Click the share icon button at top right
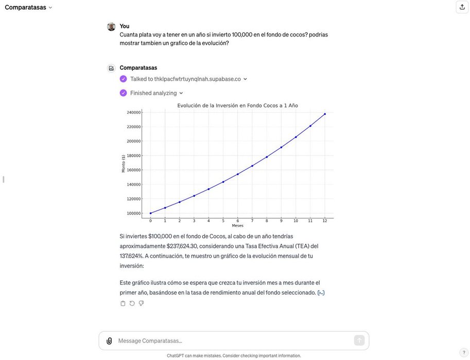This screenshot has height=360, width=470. tap(462, 7)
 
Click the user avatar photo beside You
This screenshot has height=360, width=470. tap(111, 27)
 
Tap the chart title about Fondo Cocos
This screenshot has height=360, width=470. tap(237, 105)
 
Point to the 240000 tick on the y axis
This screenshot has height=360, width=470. tap(133, 112)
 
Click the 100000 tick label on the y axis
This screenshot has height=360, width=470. tap(133, 213)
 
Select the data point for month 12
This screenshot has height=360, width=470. tap(325, 114)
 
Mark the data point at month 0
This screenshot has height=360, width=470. tap(150, 213)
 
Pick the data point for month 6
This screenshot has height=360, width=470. tap(238, 174)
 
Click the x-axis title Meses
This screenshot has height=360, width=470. tap(237, 225)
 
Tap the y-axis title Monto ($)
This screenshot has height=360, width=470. tap(124, 163)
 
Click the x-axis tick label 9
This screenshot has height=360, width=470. tap(281, 221)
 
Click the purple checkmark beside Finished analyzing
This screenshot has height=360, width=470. tap(123, 93)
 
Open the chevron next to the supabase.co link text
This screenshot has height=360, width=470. tap(245, 79)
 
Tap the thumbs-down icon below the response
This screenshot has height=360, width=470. tap(141, 303)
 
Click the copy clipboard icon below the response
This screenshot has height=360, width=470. tap(123, 303)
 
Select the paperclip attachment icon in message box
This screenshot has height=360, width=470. tap(109, 340)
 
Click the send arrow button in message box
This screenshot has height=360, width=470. tap(359, 340)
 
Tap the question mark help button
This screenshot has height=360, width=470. tap(464, 352)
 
